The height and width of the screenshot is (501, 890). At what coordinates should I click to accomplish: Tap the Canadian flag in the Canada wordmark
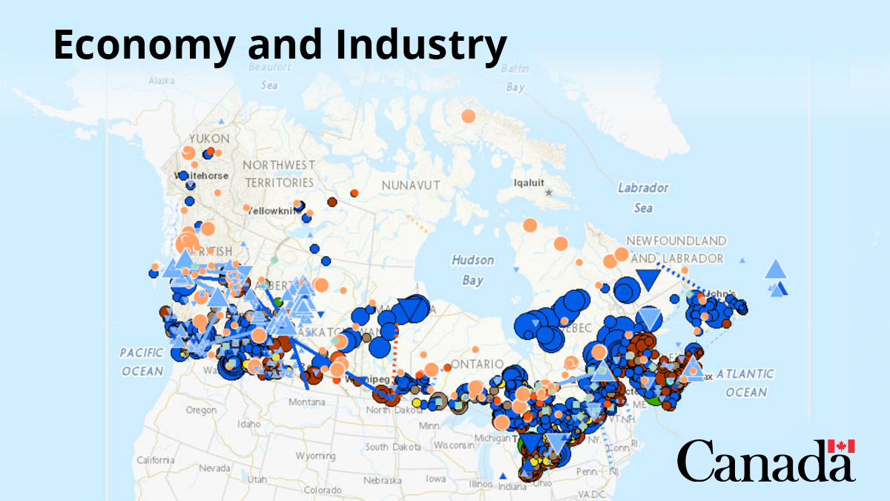pyautogui.click(x=841, y=446)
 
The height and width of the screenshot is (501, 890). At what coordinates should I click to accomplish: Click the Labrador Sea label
pyautogui.click(x=643, y=197)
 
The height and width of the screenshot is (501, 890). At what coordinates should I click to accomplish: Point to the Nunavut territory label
pyautogui.click(x=411, y=185)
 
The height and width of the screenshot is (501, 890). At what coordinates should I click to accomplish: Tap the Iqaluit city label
pyautogui.click(x=530, y=181)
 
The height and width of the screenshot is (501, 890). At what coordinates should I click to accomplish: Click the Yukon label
pyautogui.click(x=209, y=139)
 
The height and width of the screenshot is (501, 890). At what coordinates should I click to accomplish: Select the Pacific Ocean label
pyautogui.click(x=141, y=361)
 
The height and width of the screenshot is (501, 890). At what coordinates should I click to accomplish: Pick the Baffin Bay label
pyautogui.click(x=515, y=78)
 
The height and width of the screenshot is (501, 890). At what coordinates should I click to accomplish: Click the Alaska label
pyautogui.click(x=161, y=80)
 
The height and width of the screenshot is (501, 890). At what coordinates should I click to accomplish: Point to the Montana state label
pyautogui.click(x=306, y=402)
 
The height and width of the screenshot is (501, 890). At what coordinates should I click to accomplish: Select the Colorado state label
pyautogui.click(x=323, y=490)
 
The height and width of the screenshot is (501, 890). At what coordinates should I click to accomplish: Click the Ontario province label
pyautogui.click(x=472, y=364)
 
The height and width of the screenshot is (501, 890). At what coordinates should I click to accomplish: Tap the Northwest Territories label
pyautogui.click(x=280, y=173)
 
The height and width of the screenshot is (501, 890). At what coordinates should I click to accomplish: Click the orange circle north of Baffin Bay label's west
pyautogui.click(x=468, y=116)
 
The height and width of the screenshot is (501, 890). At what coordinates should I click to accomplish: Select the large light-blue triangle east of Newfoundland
pyautogui.click(x=775, y=269)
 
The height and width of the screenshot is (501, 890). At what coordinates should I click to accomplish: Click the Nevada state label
pyautogui.click(x=214, y=468)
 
